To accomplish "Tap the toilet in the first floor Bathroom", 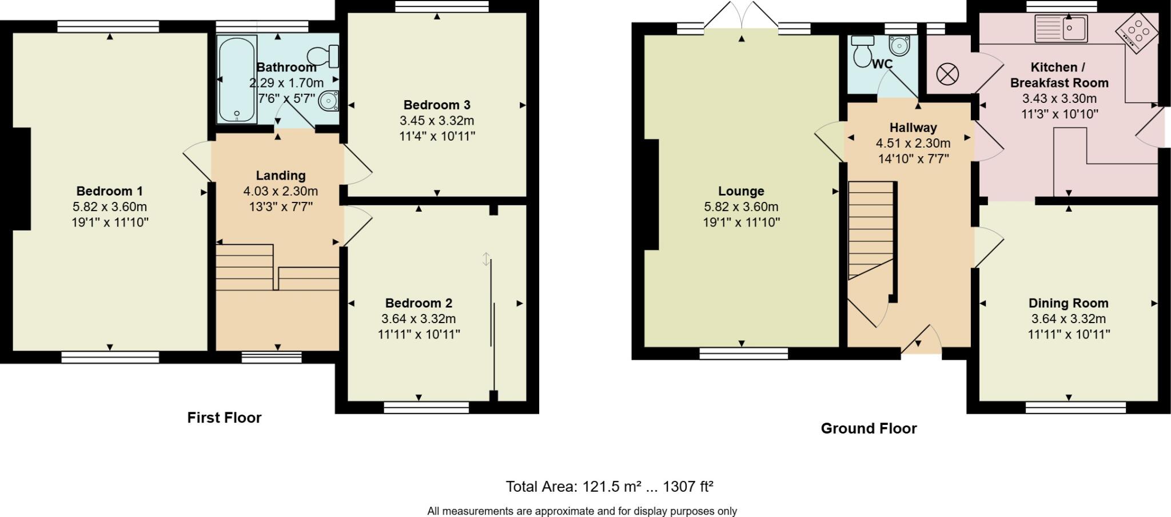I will tap(324, 56).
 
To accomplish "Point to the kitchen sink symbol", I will tap(1061, 29).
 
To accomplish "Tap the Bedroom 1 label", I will tap(110, 191).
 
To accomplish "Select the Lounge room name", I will tap(741, 191).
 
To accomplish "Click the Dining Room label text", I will tap(1068, 303).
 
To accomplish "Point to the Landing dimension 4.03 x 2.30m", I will tap(280, 191).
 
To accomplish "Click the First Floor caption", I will tap(224, 417).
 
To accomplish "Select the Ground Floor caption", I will tap(869, 428).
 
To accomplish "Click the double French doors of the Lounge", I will tap(741, 16).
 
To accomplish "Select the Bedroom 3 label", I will tap(437, 105).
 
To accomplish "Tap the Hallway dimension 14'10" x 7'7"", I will tap(913, 158).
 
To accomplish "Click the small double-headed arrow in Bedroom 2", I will tap(486, 259).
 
